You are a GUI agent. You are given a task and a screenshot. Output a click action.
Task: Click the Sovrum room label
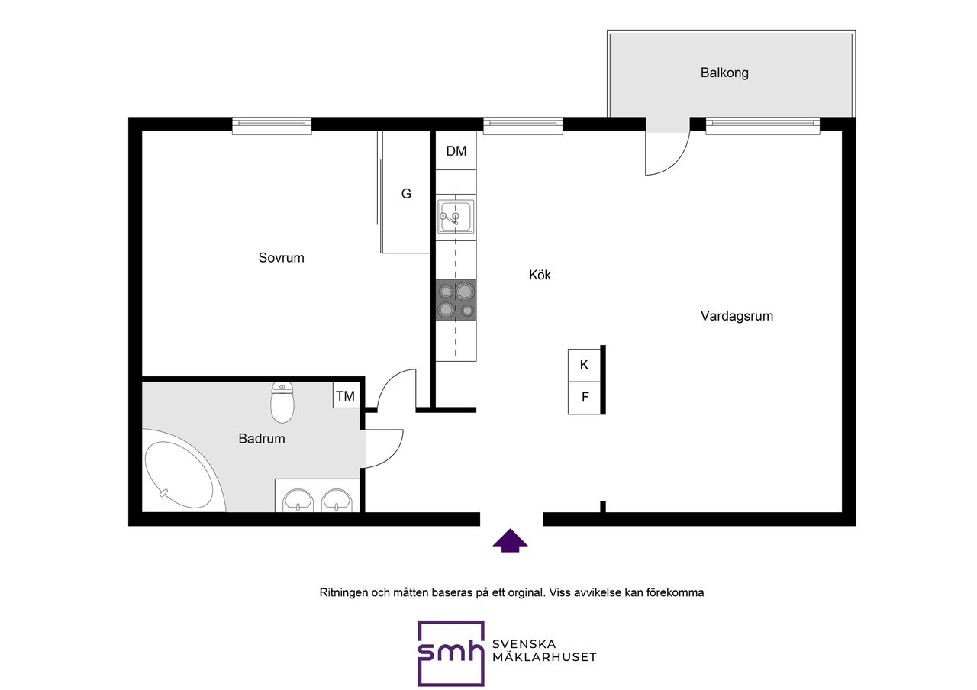pos(282,258)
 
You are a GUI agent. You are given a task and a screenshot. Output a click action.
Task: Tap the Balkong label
pos(724,73)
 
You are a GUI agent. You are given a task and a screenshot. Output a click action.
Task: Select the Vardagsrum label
pos(737,316)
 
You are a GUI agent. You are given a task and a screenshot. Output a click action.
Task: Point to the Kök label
pos(540,275)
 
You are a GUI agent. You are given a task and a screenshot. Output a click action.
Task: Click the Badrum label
pos(262,438)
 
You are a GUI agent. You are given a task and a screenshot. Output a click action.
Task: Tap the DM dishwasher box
pos(456,151)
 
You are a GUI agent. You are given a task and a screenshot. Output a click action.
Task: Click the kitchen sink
pos(456,217)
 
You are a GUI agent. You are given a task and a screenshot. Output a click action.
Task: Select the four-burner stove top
pos(456,300)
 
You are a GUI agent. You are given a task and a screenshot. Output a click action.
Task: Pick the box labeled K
pos(585,366)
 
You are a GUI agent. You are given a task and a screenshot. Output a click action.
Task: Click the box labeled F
pos(585,398)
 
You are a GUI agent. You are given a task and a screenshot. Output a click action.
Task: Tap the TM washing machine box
pos(346,395)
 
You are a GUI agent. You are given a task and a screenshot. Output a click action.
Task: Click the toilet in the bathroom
pos(282,402)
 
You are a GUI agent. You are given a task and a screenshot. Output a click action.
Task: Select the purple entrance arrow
pos(510,541)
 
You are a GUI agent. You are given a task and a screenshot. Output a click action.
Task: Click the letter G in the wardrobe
pos(406,194)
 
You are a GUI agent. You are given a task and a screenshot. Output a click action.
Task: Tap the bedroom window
pos(272,126)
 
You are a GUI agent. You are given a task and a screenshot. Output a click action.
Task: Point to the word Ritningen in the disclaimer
pos(343,593)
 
